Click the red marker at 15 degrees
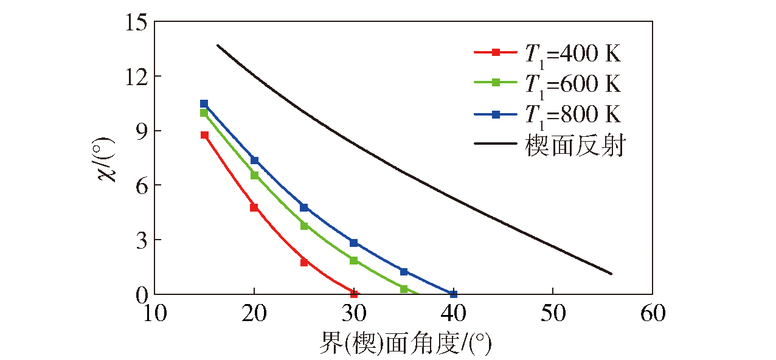[204, 135]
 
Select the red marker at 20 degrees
[254, 207]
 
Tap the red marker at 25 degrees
[304, 262]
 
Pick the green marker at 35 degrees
[404, 289]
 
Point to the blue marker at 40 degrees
[453, 294]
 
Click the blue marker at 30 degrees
[354, 243]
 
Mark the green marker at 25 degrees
[304, 226]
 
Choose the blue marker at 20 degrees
[254, 160]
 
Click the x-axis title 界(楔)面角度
[405, 345]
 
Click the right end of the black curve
[611, 274]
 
